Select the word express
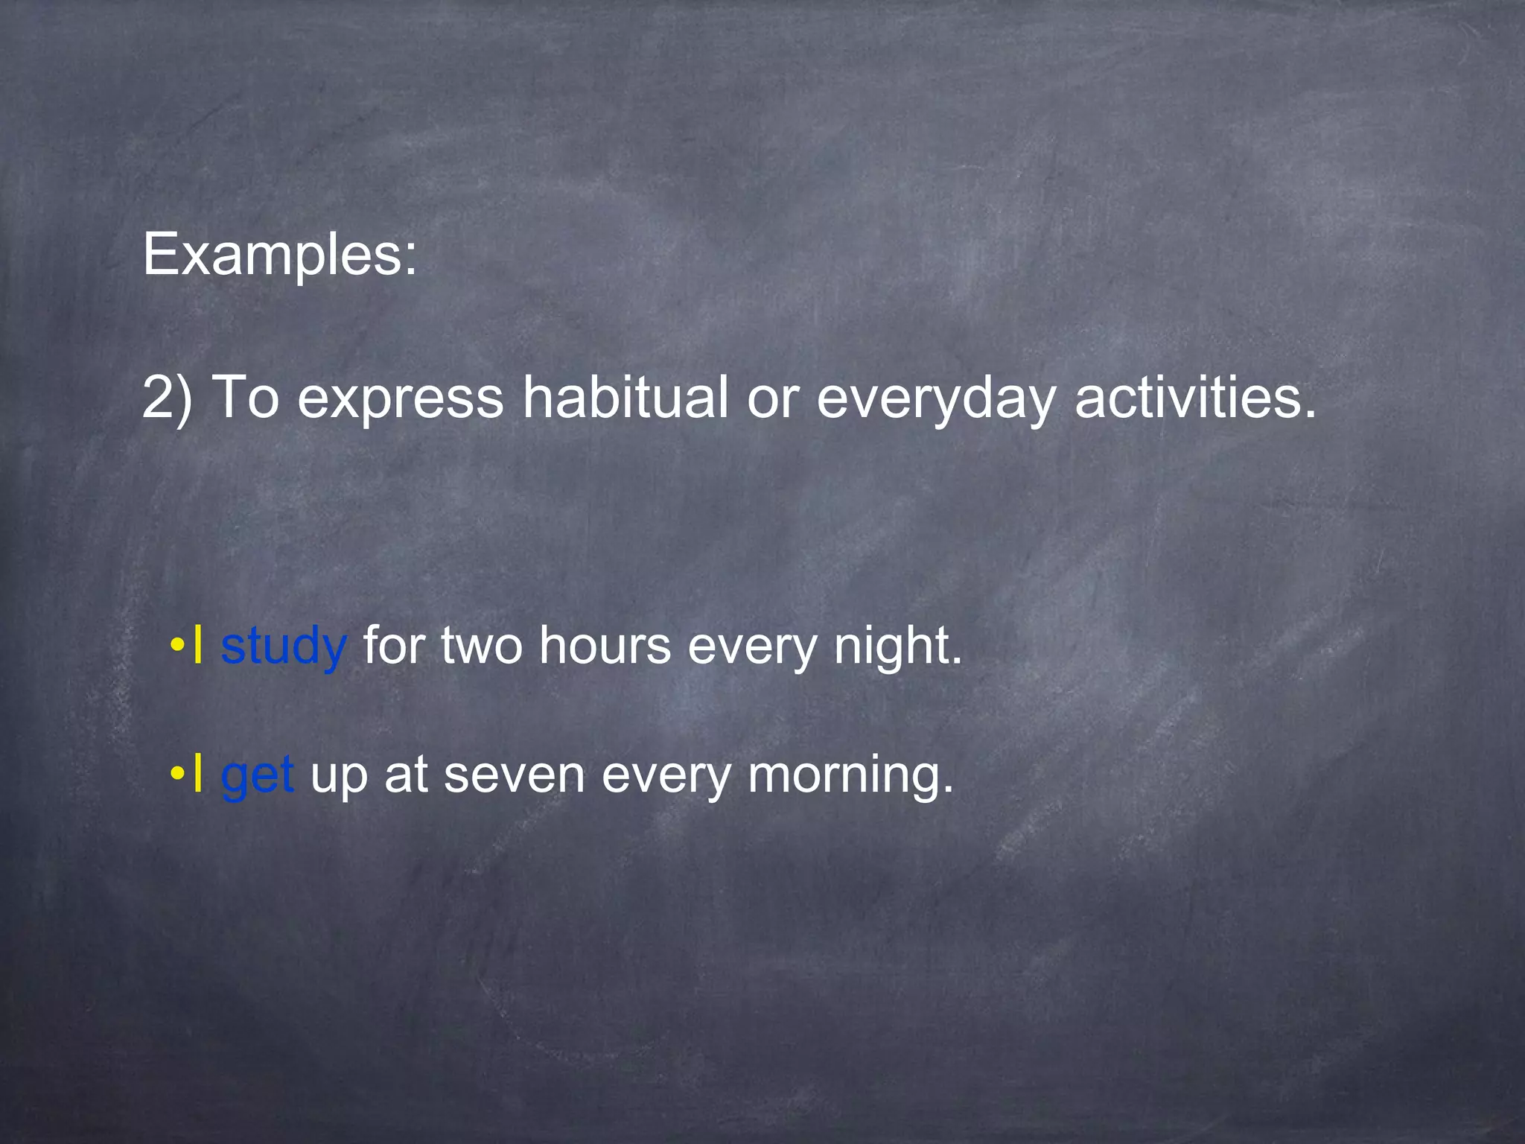[x=401, y=399]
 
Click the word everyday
[x=936, y=399]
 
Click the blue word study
[x=283, y=646]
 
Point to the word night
[x=897, y=646]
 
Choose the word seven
[x=514, y=775]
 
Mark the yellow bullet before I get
[x=176, y=773]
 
